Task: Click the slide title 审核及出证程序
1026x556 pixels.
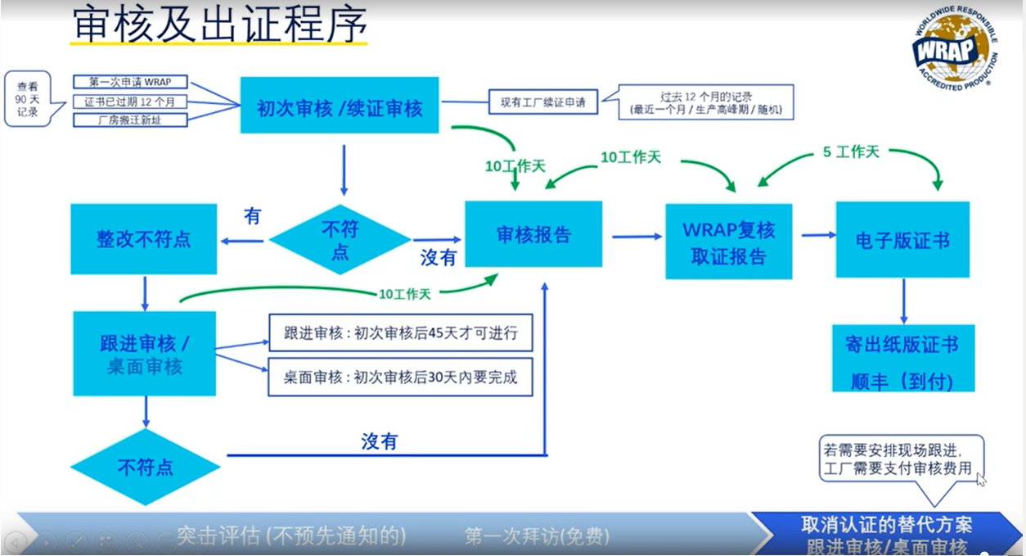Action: (x=218, y=25)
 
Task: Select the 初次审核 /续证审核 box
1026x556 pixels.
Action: (x=340, y=106)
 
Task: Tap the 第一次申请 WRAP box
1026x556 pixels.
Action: (x=131, y=82)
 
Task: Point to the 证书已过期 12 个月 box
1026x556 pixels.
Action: (x=131, y=102)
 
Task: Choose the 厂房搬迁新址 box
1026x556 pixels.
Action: (x=131, y=120)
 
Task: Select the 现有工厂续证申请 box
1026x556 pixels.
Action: (x=543, y=103)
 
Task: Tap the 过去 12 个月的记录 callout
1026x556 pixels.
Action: (x=706, y=102)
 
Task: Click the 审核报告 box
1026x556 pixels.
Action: (x=533, y=234)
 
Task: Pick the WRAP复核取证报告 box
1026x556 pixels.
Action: (x=728, y=242)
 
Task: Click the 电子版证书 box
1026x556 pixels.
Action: (x=902, y=240)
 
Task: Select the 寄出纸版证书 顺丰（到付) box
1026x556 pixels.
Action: (x=902, y=359)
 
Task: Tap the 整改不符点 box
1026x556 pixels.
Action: (x=144, y=238)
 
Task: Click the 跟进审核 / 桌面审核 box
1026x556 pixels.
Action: (x=144, y=354)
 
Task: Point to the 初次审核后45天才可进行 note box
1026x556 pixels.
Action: (x=400, y=333)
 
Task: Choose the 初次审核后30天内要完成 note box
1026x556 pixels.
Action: (x=400, y=377)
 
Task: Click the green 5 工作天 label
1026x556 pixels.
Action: (x=851, y=153)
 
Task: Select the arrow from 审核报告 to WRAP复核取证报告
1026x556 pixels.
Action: (x=637, y=237)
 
